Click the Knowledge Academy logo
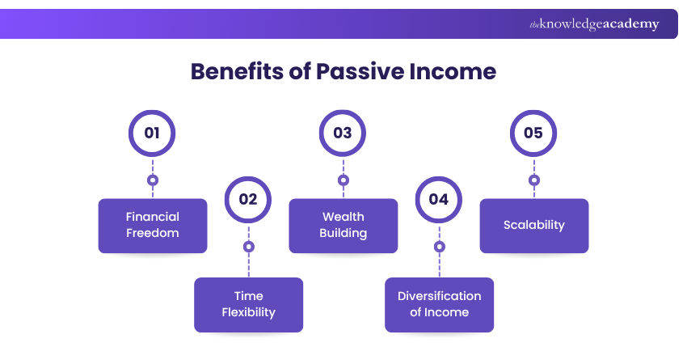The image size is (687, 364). click(594, 24)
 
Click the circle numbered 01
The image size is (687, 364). click(152, 133)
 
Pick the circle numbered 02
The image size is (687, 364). click(248, 199)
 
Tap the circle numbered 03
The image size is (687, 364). click(343, 133)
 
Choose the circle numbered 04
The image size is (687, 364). click(439, 199)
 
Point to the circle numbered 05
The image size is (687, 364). click(533, 133)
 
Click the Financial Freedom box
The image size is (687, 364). click(153, 226)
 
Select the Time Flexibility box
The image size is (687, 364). click(248, 305)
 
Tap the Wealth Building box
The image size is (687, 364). click(343, 226)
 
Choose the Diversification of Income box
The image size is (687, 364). click(439, 305)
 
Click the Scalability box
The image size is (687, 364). click(534, 226)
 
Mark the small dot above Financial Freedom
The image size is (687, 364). click(153, 180)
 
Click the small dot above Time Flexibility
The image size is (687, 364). click(248, 246)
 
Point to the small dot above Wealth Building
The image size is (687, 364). click(343, 180)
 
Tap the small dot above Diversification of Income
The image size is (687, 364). click(439, 246)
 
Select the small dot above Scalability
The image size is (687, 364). click(534, 180)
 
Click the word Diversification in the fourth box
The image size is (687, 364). click(439, 296)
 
